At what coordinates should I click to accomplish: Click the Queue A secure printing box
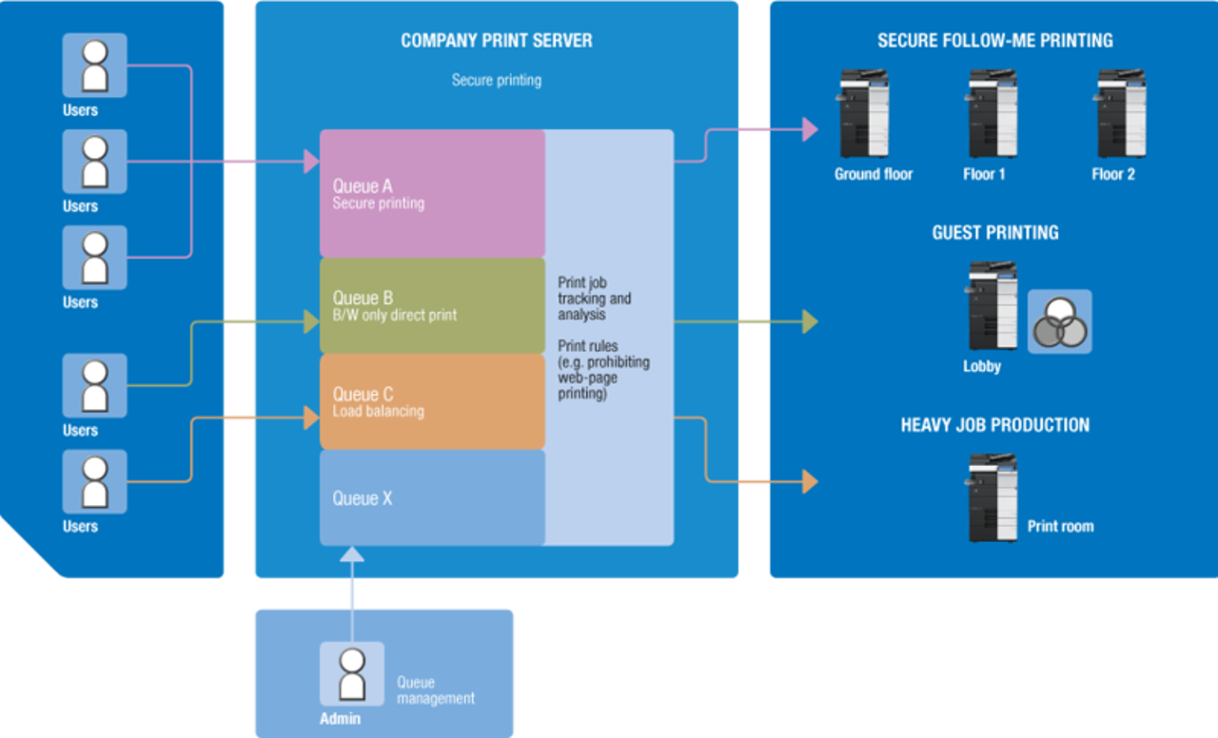coord(432,193)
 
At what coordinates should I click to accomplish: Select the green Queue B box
coord(432,305)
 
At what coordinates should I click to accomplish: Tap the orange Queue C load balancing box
coord(432,401)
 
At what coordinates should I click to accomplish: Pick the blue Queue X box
coord(432,497)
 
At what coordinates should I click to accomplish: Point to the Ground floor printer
coord(864,114)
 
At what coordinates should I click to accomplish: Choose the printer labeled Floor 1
coord(992,114)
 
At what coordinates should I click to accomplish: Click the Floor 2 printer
coord(1121,114)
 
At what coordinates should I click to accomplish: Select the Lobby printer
coord(992,306)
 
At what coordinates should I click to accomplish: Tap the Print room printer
coord(992,497)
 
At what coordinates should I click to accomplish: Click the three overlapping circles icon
coord(1059,321)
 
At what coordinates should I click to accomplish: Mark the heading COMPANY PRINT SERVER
coord(496,41)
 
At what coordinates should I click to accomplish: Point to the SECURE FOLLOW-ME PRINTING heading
coord(994,41)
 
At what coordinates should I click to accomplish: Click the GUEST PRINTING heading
coord(994,233)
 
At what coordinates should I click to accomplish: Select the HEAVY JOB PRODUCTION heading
coord(994,425)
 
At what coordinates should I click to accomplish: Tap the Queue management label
coord(435,690)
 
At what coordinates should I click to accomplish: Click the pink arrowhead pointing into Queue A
coord(311,162)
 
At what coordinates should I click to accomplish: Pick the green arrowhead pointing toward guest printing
coord(810,322)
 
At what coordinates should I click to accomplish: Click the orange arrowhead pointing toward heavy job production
coord(810,481)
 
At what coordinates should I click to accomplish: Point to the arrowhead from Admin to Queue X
coord(352,554)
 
